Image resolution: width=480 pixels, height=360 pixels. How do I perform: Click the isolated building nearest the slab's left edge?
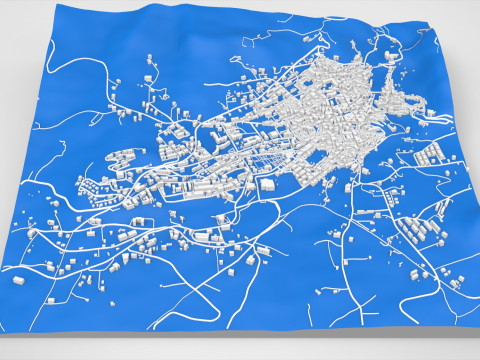pos(18,281)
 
